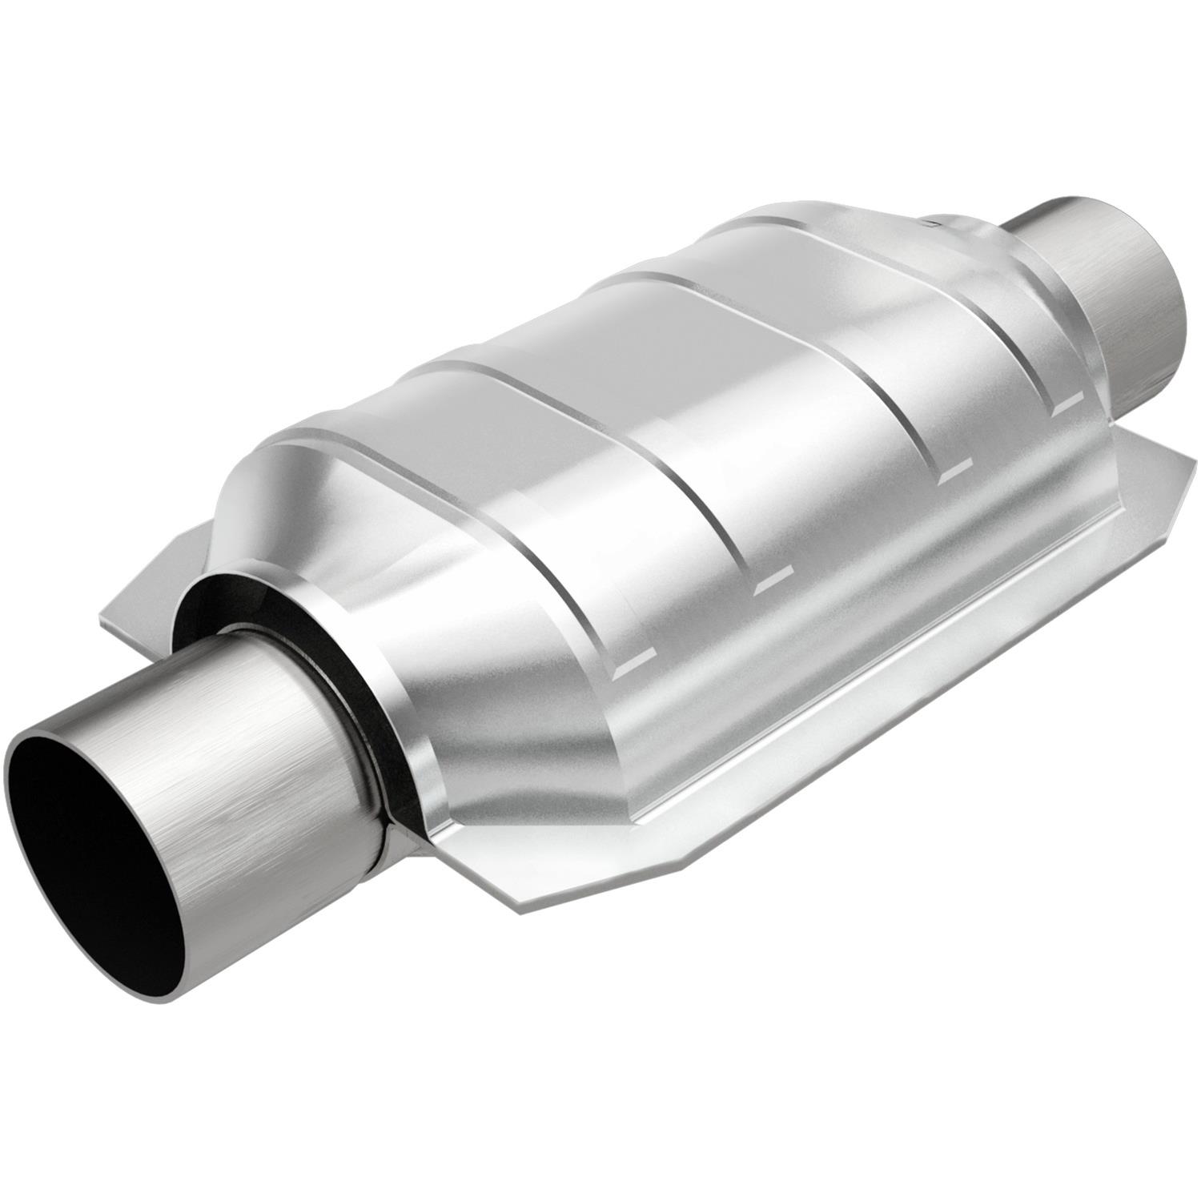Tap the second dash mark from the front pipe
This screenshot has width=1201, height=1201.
coord(773,581)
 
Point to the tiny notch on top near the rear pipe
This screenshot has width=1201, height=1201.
coord(930,220)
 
